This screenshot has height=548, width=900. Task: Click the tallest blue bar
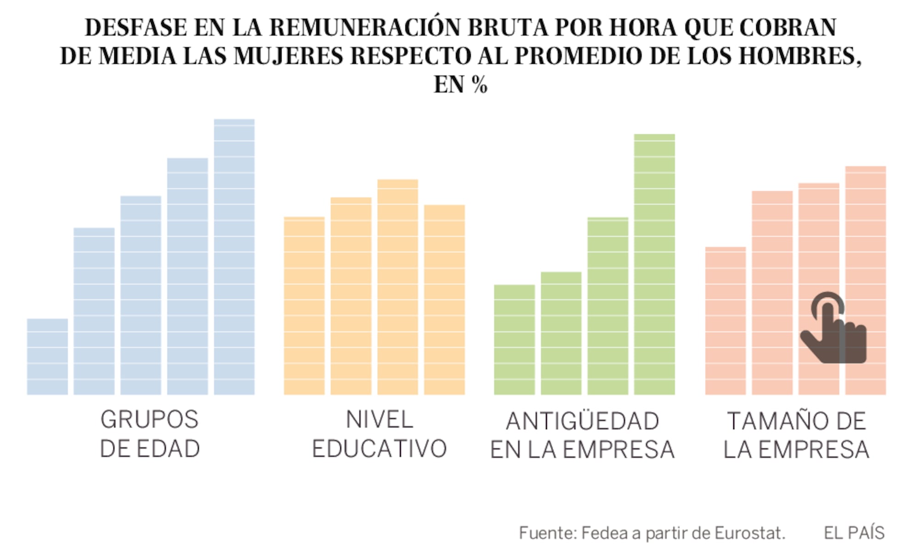(234, 257)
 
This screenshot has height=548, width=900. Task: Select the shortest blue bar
(47, 357)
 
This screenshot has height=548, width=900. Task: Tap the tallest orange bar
(398, 287)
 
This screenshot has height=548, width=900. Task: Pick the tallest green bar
(654, 264)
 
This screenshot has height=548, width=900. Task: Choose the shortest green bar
(514, 340)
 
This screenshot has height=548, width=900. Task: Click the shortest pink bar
(726, 321)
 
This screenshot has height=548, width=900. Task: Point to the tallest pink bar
(866, 229)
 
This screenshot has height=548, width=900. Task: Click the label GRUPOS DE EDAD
(150, 434)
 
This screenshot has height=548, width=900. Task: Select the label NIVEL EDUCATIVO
(379, 434)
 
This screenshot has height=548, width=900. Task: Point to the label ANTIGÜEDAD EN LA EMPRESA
(582, 435)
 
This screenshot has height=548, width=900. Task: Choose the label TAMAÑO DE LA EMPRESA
(796, 435)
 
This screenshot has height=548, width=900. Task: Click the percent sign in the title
(479, 84)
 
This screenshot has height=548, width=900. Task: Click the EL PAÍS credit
(854, 533)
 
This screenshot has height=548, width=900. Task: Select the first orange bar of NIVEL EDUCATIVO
(304, 306)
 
